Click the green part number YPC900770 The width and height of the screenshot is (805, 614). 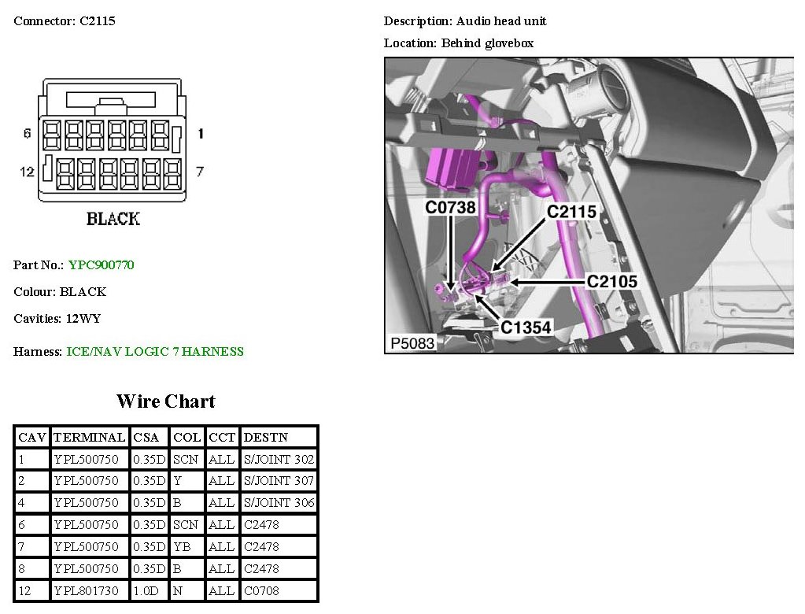coord(102,265)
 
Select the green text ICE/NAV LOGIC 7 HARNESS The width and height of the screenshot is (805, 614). coord(155,352)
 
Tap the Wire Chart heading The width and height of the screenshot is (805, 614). coord(165,401)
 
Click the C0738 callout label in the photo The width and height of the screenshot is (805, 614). coord(451,208)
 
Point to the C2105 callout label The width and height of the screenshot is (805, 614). coord(612,281)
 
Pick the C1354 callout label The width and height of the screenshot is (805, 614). coord(526,327)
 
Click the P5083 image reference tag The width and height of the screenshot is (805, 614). coord(412,343)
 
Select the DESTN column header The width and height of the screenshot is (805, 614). coord(266,437)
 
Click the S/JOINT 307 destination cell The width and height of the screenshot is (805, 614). coord(279,481)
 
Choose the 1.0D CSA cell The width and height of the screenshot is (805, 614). coord(149,590)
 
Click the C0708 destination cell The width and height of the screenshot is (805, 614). coord(261,590)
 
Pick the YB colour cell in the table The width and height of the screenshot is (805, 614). coord(182,546)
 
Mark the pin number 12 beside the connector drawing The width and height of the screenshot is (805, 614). coord(27,171)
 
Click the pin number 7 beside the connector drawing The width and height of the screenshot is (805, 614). coord(200,171)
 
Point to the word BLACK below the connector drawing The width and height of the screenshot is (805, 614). coord(113,219)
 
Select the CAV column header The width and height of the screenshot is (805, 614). coord(32,437)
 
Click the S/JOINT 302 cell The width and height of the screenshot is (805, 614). coord(279,459)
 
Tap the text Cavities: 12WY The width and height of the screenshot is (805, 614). coord(57,319)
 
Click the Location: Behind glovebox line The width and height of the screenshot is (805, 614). coord(459,43)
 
